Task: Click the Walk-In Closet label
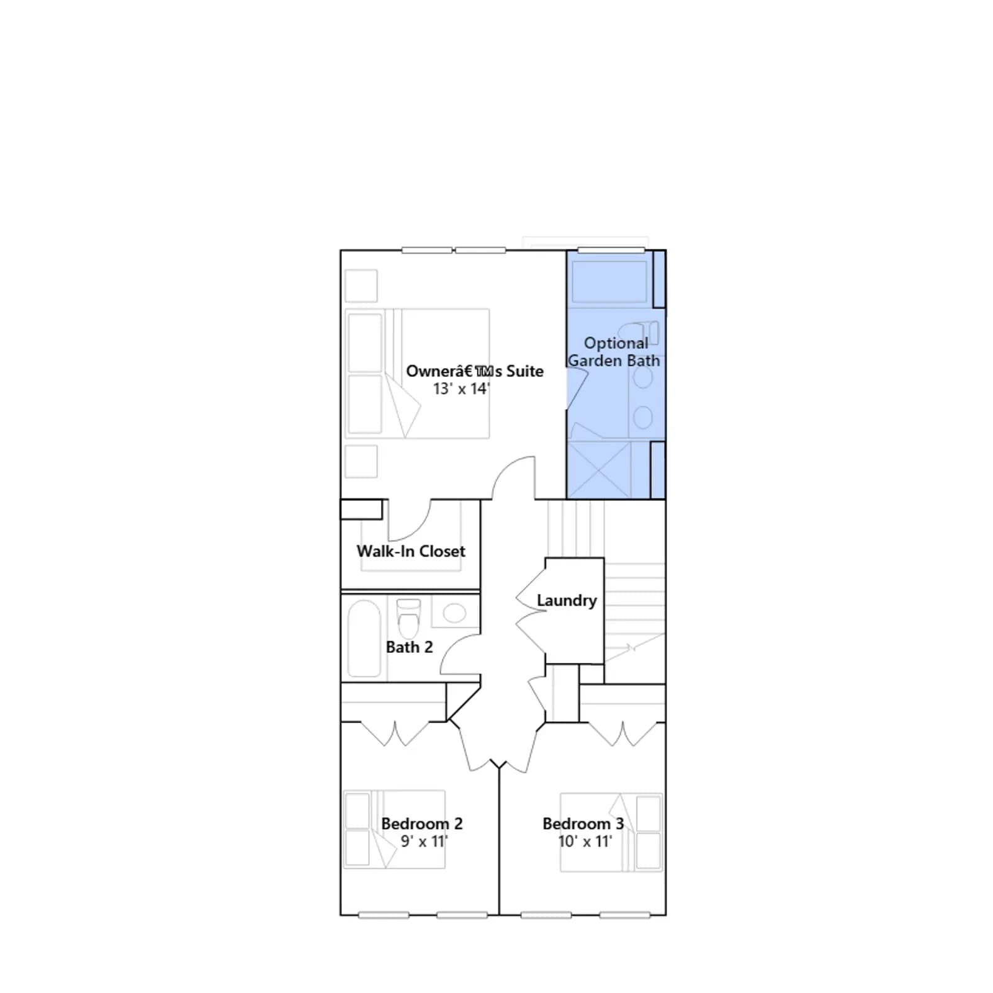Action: pos(411,551)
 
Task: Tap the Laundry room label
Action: pos(567,601)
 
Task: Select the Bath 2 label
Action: pos(409,647)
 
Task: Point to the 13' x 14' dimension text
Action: pos(461,389)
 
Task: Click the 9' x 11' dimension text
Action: pos(424,842)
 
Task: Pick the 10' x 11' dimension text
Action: pos(585,842)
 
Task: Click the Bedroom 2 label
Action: pos(422,824)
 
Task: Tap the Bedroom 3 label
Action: pos(583,824)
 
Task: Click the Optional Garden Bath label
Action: pos(614,352)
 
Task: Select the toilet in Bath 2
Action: pos(408,619)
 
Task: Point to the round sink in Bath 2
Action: pos(455,613)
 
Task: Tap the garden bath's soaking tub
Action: pos(609,282)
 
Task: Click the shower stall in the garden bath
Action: pos(599,470)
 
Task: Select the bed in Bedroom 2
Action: pos(394,829)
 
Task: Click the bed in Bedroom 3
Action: pos(611,832)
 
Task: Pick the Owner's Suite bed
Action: pos(417,374)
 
